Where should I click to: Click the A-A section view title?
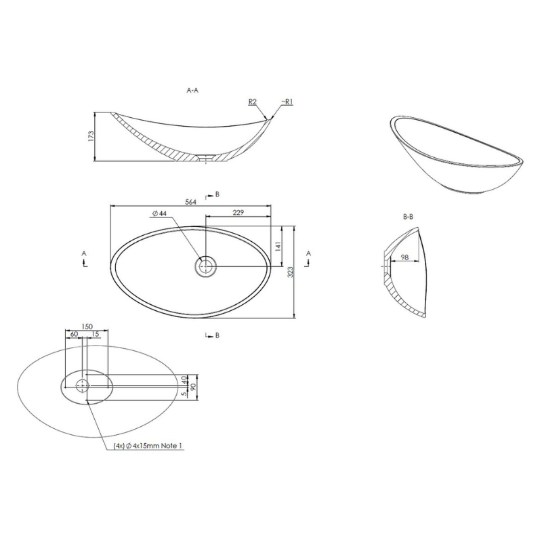coord(192,91)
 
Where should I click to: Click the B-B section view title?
coord(409,217)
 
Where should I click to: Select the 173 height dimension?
coord(91,136)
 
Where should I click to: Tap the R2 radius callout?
coord(252,102)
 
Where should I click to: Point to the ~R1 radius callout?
coord(287,102)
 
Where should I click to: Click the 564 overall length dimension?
coord(190,202)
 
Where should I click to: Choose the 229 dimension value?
coord(238,212)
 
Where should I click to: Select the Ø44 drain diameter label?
coord(159,213)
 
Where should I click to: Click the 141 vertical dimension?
coord(278,247)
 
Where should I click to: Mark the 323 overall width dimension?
coord(291,272)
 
